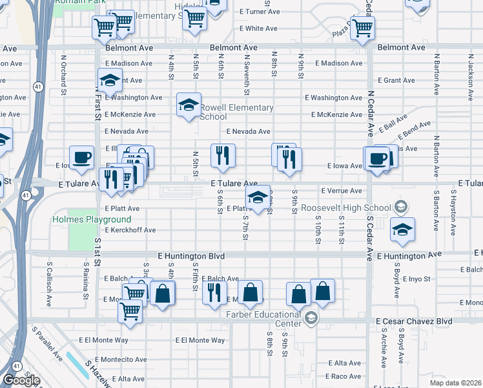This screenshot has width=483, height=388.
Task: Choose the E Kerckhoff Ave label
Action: click(130, 230)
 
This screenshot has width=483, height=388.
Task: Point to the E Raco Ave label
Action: click(344, 376)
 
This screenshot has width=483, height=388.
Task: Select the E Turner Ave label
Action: click(260, 12)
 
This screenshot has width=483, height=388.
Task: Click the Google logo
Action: click(21, 380)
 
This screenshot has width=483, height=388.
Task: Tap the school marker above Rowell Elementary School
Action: click(189, 105)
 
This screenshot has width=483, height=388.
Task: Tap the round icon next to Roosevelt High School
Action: click(400, 208)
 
